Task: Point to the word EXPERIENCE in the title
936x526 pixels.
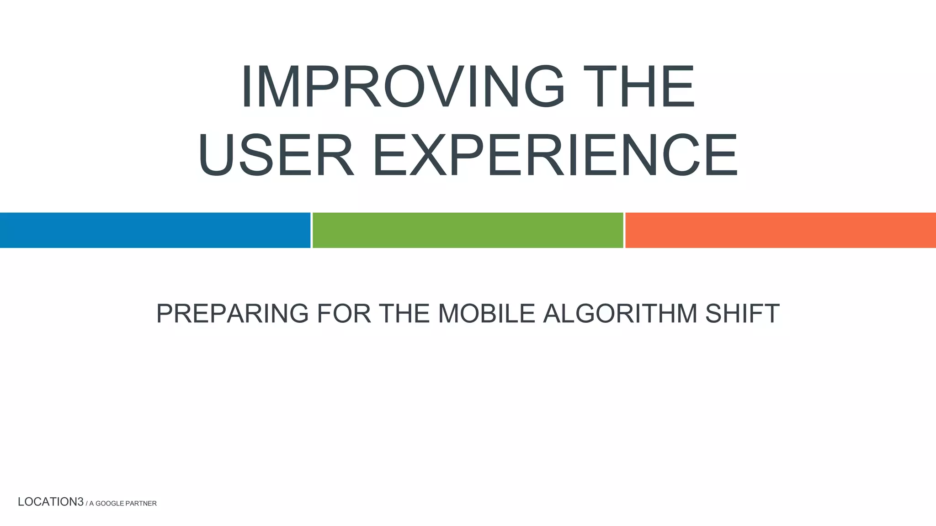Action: click(555, 155)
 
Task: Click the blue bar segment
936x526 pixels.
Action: click(155, 230)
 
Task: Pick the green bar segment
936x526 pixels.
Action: click(468, 230)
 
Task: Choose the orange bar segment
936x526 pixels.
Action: click(780, 230)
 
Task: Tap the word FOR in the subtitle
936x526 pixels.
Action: click(344, 314)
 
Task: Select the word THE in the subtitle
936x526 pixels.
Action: click(404, 314)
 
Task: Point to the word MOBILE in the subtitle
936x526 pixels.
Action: click(486, 314)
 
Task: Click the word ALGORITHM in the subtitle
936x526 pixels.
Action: click(620, 314)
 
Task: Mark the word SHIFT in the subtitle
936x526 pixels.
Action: click(742, 314)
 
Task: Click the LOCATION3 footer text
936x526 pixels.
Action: click(50, 502)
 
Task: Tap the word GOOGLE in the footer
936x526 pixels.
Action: click(110, 503)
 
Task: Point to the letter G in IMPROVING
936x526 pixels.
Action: click(545, 86)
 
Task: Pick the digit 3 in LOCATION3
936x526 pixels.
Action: click(80, 502)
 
